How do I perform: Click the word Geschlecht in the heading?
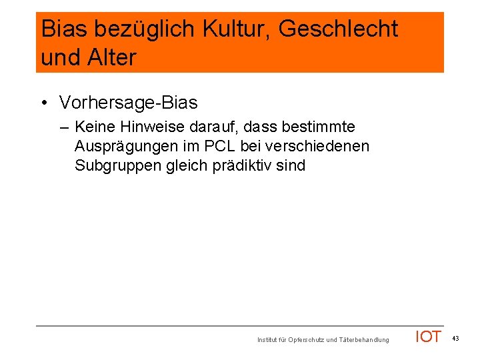coord(338,29)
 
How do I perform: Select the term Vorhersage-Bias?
coord(128,103)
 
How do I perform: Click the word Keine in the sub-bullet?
coord(95,127)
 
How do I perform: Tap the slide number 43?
coord(455,339)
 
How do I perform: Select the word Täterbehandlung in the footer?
coord(364,340)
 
